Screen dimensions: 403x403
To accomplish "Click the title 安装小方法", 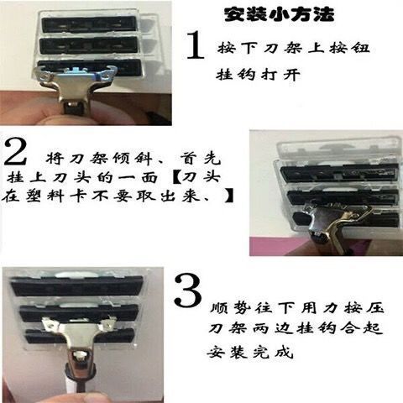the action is tap(279, 14).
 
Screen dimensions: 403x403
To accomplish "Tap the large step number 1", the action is tap(195, 44).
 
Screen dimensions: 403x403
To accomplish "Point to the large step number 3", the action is tap(188, 291).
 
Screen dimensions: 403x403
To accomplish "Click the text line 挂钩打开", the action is tap(258, 75).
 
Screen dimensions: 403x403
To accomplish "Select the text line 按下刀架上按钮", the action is tap(293, 48).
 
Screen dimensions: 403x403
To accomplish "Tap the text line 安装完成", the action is tap(250, 352).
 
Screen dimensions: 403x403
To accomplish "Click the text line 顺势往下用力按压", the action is tap(296, 308).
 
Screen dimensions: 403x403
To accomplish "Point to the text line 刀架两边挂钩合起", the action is tap(296, 327).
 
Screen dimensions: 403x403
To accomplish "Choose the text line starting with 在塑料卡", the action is tap(118, 196).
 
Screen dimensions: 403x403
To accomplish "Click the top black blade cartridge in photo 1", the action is tap(89, 24).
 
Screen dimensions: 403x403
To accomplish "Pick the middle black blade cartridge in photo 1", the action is tap(89, 45).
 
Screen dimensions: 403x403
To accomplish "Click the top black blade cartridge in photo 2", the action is tap(339, 173).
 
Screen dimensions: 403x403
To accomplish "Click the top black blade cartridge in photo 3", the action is tap(77, 286).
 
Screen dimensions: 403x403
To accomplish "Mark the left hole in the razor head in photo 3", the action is tap(51, 326).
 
